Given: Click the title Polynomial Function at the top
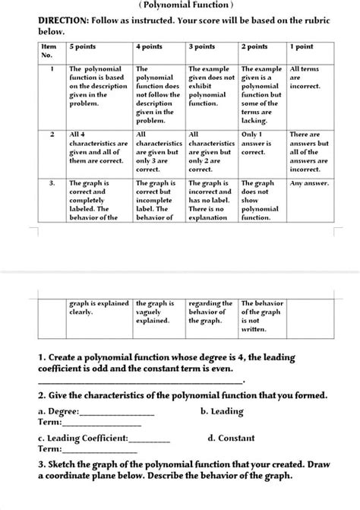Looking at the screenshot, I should [x=179, y=5].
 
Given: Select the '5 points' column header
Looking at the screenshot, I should [x=84, y=47].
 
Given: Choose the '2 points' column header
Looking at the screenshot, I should [x=254, y=47].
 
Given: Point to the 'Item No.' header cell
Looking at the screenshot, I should [x=49, y=51].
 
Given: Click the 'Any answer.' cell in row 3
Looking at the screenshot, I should [x=309, y=183].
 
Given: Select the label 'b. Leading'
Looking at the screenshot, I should [x=222, y=411].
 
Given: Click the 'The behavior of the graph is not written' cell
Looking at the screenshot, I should [x=262, y=316].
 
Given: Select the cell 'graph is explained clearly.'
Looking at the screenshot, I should [x=99, y=307].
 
